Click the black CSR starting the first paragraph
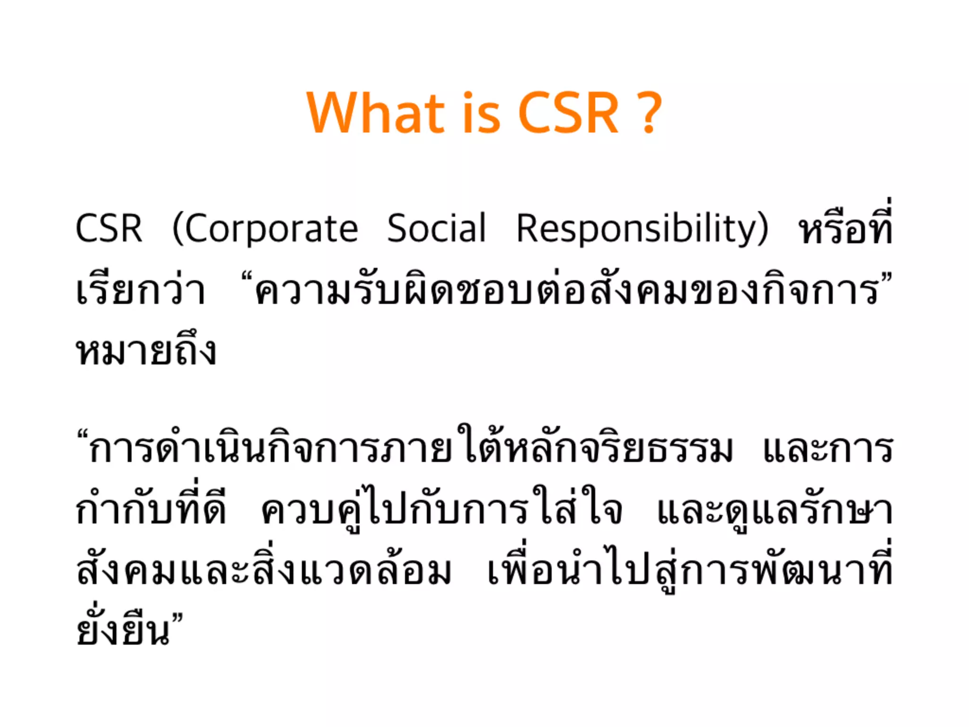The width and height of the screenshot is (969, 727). click(x=109, y=229)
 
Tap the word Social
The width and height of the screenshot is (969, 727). click(x=436, y=229)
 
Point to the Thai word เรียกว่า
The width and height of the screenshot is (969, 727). click(x=141, y=290)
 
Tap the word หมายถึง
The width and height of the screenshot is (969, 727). click(x=146, y=351)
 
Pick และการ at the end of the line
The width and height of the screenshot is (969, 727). click(x=828, y=449)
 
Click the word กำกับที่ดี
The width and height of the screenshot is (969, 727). click(x=151, y=510)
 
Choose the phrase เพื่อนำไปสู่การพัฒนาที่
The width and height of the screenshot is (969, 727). click(x=690, y=571)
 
